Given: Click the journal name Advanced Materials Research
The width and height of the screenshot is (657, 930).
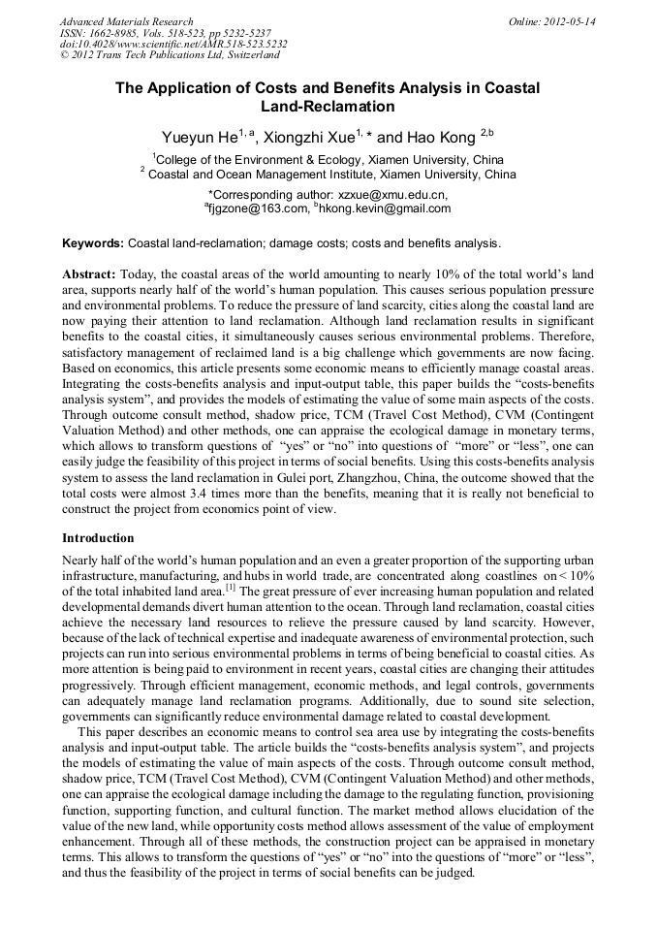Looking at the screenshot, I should pyautogui.click(x=126, y=21).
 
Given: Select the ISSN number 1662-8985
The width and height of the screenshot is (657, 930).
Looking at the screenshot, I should pyautogui.click(x=118, y=33).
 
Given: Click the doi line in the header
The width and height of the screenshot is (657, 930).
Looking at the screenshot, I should pyautogui.click(x=173, y=44).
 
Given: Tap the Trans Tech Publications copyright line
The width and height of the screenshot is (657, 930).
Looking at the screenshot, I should pyautogui.click(x=170, y=55).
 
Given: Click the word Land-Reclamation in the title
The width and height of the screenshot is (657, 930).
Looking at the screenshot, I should pyautogui.click(x=328, y=107).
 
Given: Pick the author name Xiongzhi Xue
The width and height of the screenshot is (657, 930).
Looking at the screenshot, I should pyautogui.click(x=310, y=137).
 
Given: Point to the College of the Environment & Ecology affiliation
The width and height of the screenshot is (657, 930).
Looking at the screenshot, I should pyautogui.click(x=329, y=160).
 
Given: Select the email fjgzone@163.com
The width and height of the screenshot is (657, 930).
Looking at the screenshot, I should pyautogui.click(x=259, y=208).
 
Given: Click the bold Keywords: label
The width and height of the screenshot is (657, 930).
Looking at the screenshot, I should pyautogui.click(x=93, y=242).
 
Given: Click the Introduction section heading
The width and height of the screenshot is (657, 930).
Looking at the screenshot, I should pyautogui.click(x=98, y=538).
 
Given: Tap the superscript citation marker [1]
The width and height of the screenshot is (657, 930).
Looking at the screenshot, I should pyautogui.click(x=230, y=587).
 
